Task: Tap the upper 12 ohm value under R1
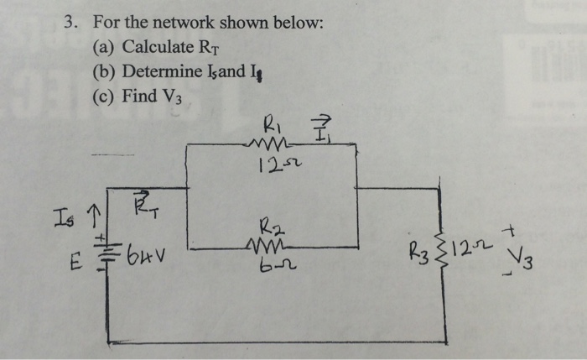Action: [271, 162]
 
